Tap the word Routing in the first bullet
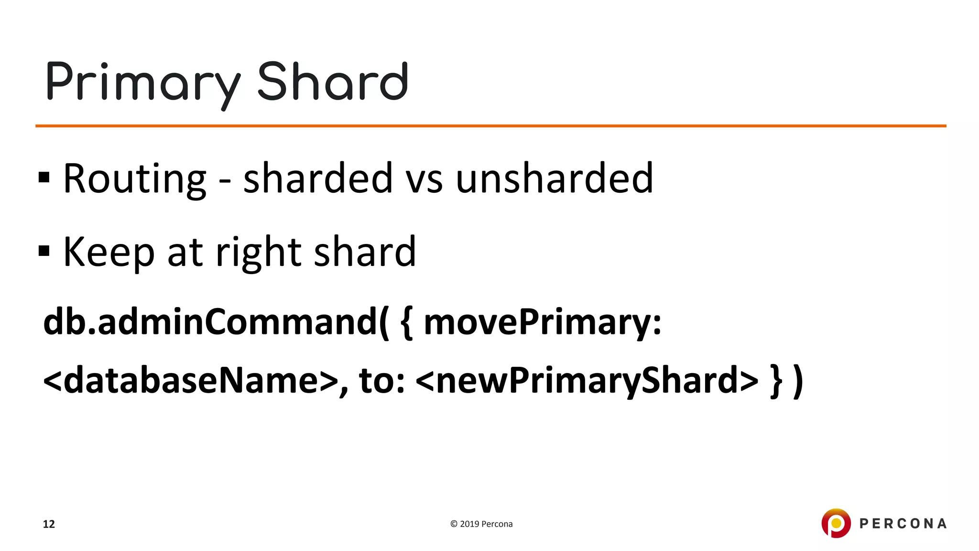pyautogui.click(x=134, y=179)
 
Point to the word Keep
pyautogui.click(x=109, y=252)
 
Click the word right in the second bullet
pyautogui.click(x=258, y=252)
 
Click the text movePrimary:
pyautogui.click(x=542, y=322)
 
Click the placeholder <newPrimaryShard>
pyautogui.click(x=587, y=380)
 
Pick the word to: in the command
pyautogui.click(x=381, y=380)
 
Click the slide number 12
pyautogui.click(x=49, y=524)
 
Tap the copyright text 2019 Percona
pyautogui.click(x=481, y=524)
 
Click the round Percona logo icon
pyautogui.click(x=836, y=523)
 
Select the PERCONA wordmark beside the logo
pyautogui.click(x=903, y=524)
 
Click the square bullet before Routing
pyautogui.click(x=44, y=177)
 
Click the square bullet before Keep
pyautogui.click(x=44, y=251)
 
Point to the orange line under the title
pyautogui.click(x=490, y=126)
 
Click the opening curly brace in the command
pyautogui.click(x=406, y=323)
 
